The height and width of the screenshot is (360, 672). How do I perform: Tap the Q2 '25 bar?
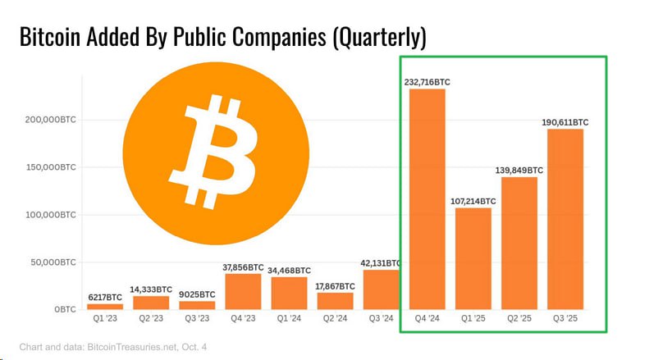[519, 243]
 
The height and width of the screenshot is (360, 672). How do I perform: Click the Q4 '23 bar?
[243, 291]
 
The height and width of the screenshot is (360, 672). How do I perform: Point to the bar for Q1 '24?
[289, 293]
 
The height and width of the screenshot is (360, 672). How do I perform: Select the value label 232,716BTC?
[427, 82]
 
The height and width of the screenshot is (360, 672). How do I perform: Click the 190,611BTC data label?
[565, 122]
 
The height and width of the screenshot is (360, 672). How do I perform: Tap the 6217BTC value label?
[105, 297]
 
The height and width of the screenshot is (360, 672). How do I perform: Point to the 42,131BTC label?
[381, 263]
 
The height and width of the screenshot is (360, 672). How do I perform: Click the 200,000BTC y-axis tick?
[51, 120]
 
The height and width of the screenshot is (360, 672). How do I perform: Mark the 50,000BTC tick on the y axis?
[53, 262]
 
